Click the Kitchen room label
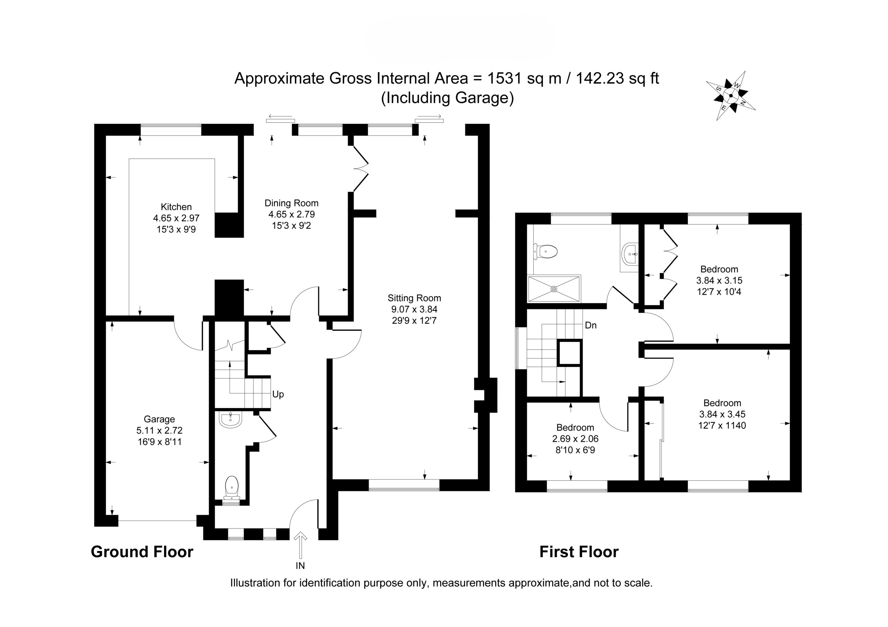point(176,207)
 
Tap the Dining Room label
point(291,203)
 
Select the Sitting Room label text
point(414,298)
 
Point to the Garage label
point(159,419)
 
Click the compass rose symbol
point(731,95)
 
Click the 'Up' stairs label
point(278,394)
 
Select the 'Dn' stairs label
point(591,325)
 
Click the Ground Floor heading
point(142,552)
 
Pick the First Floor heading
point(579,552)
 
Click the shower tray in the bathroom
point(554,288)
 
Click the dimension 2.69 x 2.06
point(575,439)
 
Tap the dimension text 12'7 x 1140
point(722,426)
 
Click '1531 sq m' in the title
point(524,78)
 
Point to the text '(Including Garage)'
point(447,98)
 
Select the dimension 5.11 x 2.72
point(159,430)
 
